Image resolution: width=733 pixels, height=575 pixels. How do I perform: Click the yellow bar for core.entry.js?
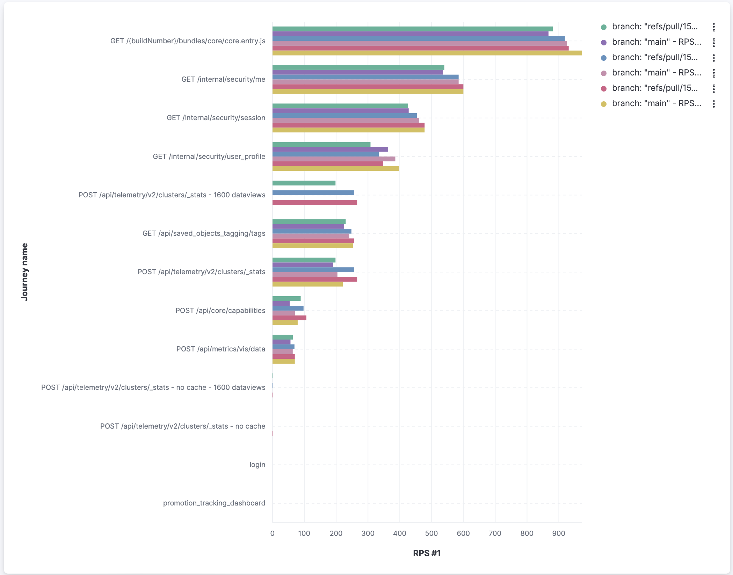click(x=427, y=53)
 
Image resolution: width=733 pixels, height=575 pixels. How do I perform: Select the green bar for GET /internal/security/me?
click(x=358, y=67)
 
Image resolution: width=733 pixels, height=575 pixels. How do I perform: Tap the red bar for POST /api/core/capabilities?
click(x=289, y=318)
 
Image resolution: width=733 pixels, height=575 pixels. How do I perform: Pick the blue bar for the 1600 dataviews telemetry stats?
click(x=313, y=193)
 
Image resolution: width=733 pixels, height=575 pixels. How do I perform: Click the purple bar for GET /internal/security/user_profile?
click(x=330, y=150)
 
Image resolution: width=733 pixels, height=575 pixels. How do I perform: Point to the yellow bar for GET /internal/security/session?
click(x=348, y=130)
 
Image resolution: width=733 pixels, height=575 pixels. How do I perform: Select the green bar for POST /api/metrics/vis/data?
click(x=283, y=337)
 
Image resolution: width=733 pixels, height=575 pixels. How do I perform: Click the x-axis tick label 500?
click(x=431, y=533)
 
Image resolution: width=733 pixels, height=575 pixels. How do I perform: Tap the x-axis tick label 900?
click(x=559, y=533)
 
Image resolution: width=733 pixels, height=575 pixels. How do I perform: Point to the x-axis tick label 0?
click(x=273, y=533)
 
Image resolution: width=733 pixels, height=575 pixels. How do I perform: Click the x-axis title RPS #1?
click(x=427, y=553)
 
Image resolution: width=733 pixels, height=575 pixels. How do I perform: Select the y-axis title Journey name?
click(x=24, y=272)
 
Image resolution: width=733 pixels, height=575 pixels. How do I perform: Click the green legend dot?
click(x=604, y=27)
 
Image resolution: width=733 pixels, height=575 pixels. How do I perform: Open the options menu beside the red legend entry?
click(x=714, y=88)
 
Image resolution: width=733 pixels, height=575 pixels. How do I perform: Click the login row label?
click(x=257, y=465)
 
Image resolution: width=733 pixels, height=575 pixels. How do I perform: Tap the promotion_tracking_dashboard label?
click(x=214, y=503)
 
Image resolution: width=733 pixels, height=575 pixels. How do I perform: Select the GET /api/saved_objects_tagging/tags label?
click(x=204, y=233)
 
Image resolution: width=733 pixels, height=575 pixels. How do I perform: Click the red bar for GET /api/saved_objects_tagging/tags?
click(x=313, y=241)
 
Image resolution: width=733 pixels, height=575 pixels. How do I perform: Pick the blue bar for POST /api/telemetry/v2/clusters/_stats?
click(x=313, y=270)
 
